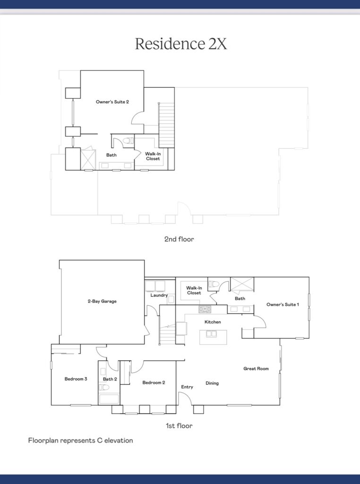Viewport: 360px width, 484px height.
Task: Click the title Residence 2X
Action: point(181,43)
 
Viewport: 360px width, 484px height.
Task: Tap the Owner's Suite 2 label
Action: point(112,102)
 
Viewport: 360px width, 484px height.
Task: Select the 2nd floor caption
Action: point(179,239)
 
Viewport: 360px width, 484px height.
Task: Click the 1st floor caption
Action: point(179,426)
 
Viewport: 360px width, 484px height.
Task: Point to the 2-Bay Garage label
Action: point(102,301)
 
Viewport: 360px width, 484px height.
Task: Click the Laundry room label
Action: point(159,295)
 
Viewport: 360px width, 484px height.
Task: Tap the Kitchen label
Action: point(213,322)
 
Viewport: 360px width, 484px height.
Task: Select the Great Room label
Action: point(256,369)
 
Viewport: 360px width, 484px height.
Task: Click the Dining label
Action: point(212,383)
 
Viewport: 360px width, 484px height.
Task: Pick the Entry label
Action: point(187,387)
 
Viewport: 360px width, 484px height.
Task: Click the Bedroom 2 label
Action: point(154,383)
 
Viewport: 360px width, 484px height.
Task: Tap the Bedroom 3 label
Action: point(76,379)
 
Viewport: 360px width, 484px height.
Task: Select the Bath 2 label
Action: point(110,379)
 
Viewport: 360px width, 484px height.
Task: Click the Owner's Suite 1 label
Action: point(283,305)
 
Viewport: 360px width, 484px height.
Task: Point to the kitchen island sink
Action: point(211,334)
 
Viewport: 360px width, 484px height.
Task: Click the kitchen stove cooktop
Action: point(205,309)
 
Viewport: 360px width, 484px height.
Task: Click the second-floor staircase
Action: point(167,125)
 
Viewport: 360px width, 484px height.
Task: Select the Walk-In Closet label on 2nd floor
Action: point(153,156)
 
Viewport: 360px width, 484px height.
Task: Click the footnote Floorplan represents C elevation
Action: point(80,441)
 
